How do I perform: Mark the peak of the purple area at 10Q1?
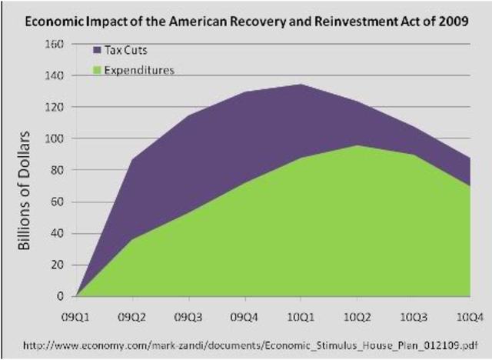click(301, 85)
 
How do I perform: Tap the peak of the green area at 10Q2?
click(357, 146)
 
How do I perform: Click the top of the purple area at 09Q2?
click(132, 160)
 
